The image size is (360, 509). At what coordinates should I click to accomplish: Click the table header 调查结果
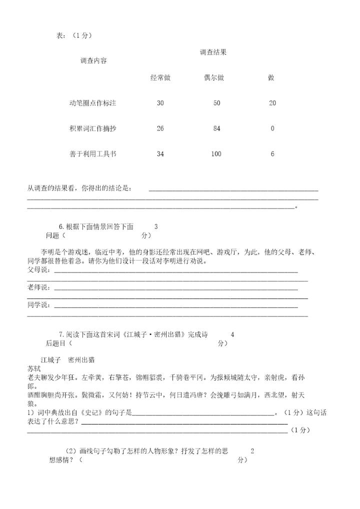click(213, 52)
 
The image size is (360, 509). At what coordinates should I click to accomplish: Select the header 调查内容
click(93, 61)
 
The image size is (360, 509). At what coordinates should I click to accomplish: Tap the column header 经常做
click(160, 78)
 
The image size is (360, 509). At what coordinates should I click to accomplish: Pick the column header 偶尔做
click(213, 78)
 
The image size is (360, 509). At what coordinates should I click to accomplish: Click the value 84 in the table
click(216, 128)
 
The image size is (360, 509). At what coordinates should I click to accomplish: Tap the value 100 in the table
click(216, 154)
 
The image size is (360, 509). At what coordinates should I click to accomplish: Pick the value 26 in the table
click(160, 128)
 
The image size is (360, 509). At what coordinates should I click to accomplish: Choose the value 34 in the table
click(160, 154)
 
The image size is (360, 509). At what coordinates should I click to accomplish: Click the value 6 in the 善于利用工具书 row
click(272, 154)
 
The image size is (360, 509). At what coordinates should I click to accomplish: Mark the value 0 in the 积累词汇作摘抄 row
click(272, 128)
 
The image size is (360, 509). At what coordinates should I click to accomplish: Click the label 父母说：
click(39, 270)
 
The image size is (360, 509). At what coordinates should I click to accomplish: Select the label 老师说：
click(39, 287)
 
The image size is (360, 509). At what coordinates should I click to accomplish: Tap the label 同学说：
click(39, 305)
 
